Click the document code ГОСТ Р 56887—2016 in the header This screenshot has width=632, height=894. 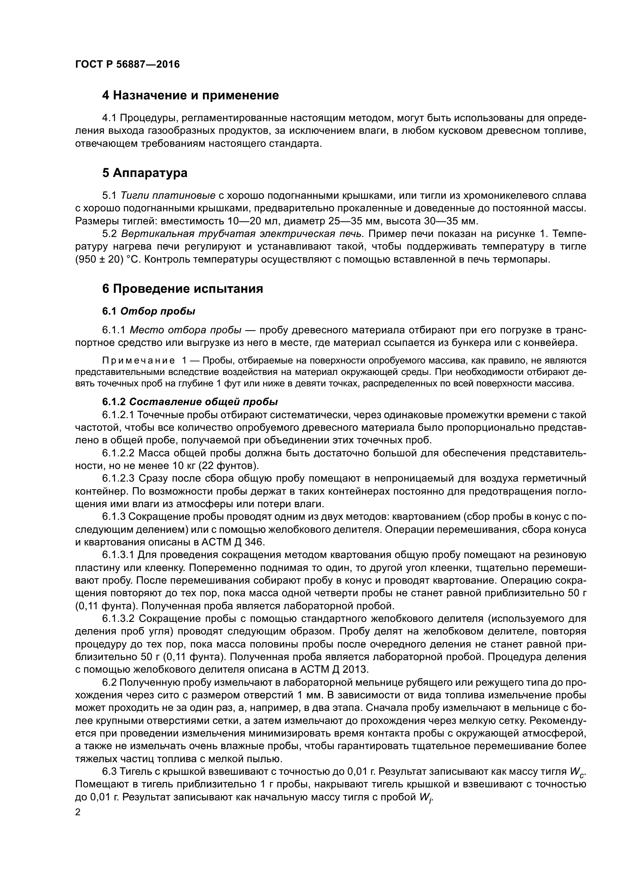127,64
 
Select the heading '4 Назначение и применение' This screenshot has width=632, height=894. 190,96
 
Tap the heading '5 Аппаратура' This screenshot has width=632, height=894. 145,173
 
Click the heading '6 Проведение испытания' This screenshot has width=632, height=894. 183,289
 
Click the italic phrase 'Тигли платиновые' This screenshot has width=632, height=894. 168,195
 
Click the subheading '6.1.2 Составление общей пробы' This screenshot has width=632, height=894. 190,402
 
